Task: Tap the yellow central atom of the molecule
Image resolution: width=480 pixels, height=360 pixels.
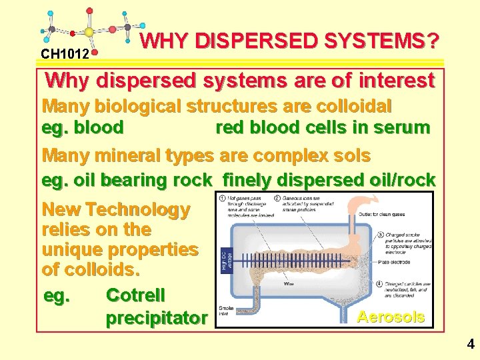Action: (88, 31)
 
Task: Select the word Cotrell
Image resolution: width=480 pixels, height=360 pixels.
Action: (135, 295)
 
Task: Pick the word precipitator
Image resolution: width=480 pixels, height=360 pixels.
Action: (157, 318)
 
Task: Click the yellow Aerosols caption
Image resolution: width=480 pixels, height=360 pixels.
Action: (391, 317)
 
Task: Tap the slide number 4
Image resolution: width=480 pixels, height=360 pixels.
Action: (471, 345)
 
